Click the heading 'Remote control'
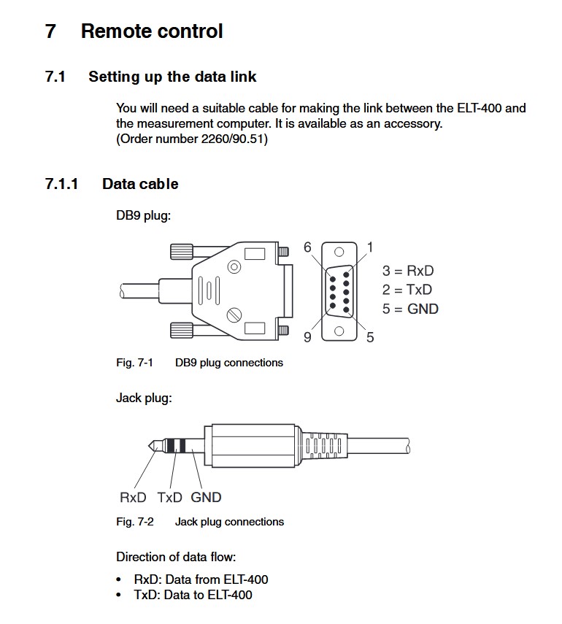point(152,31)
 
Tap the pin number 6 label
point(307,247)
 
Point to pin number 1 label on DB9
point(370,247)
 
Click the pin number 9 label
point(307,337)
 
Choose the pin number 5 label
point(370,337)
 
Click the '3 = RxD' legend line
point(408,271)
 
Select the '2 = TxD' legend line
point(407,289)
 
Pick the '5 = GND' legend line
point(410,309)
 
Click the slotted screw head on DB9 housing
point(234,315)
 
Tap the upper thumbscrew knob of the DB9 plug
point(182,252)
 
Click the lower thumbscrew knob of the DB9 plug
point(182,331)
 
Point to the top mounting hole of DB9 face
point(339,252)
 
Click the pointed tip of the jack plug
point(149,446)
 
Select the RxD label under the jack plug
point(133,498)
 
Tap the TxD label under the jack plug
point(169,498)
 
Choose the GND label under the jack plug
point(206,498)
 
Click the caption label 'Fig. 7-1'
point(134,363)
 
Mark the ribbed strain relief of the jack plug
point(323,445)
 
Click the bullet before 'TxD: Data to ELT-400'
point(119,595)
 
